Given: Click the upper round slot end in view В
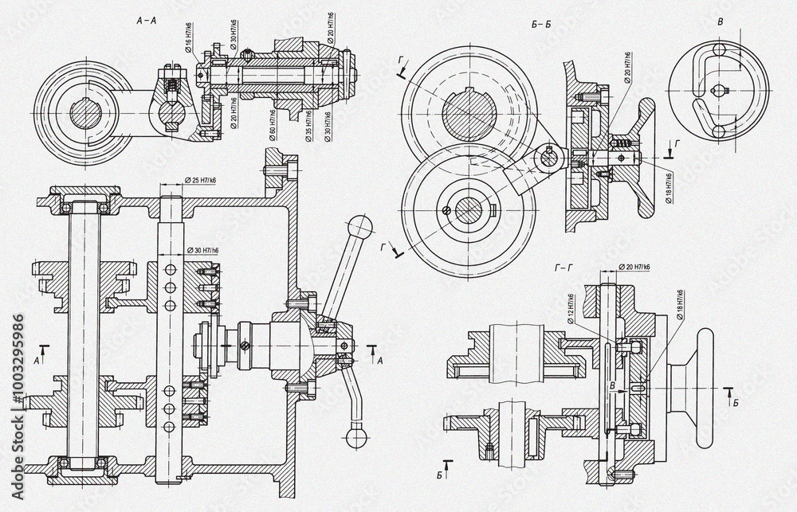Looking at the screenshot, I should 719,51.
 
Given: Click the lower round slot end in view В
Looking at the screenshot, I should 719,130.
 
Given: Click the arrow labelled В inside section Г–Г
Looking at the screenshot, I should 612,384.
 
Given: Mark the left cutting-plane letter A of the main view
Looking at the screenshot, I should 37,360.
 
